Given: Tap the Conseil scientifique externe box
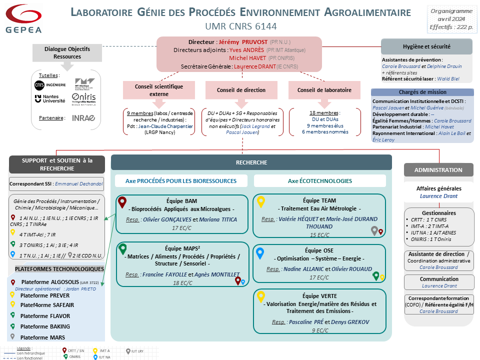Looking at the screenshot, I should (x=158, y=90).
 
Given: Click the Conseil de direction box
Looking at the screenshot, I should (x=241, y=90).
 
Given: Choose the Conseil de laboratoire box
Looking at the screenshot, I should (x=324, y=90).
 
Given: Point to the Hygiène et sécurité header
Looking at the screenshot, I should (x=426, y=46).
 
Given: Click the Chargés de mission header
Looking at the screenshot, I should (x=422, y=92).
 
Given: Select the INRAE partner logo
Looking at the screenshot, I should (x=83, y=118).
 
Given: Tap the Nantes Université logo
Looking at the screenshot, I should (x=50, y=98).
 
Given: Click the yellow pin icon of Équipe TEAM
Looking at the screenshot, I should (x=260, y=202).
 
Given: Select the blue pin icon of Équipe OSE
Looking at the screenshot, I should (x=259, y=253).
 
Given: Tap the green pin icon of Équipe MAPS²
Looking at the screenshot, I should (x=122, y=249).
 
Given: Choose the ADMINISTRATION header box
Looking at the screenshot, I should (x=438, y=170).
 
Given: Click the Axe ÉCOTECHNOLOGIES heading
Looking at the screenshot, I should (x=320, y=180).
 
